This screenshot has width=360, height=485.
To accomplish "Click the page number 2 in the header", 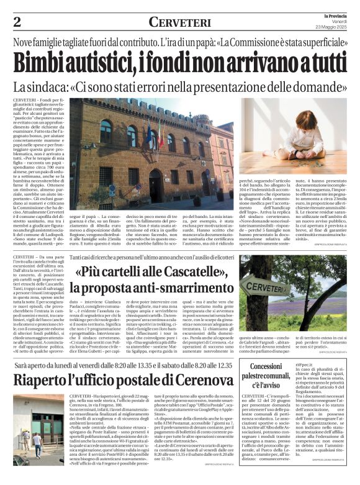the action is [x=17, y=22].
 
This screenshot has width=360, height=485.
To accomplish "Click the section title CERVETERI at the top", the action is [x=180, y=22].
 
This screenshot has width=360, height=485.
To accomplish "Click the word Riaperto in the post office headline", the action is [x=47, y=379].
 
